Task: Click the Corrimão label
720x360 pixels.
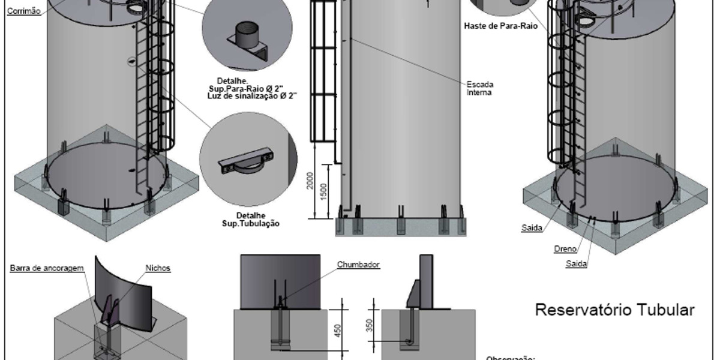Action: point(23,10)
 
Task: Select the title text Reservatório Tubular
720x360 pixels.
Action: point(614,310)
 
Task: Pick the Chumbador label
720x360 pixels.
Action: point(358,264)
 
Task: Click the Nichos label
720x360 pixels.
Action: point(158,268)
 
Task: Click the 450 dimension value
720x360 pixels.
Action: point(338,331)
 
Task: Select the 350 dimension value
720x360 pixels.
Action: point(370,325)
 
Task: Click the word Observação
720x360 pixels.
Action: point(509,358)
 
